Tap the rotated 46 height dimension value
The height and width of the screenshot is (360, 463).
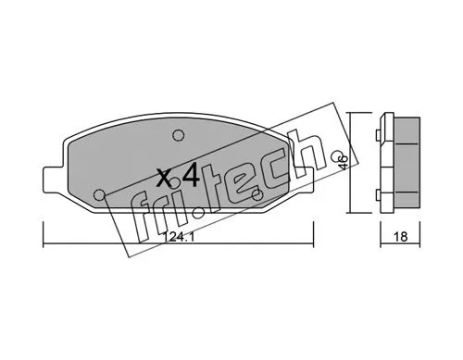click(x=344, y=164)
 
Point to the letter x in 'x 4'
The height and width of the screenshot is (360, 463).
click(x=163, y=178)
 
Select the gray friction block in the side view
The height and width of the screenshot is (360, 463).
click(x=408, y=164)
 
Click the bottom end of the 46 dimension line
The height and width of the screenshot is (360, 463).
click(x=353, y=212)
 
